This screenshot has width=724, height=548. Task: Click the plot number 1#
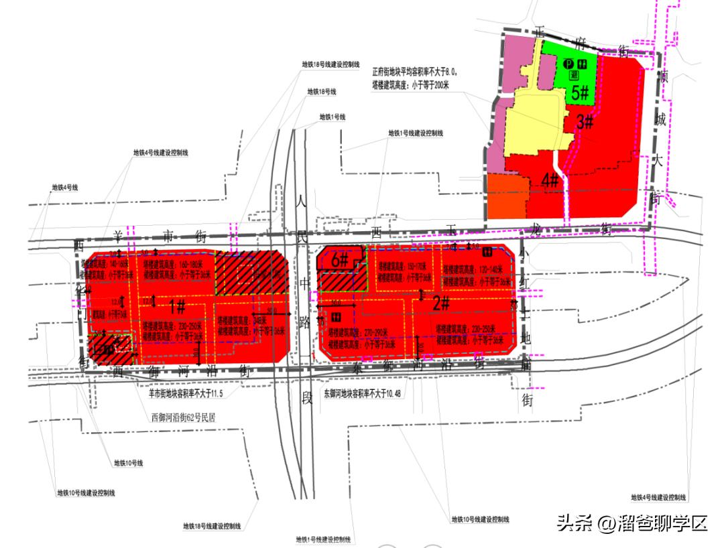177,307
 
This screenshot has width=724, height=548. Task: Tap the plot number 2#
440,303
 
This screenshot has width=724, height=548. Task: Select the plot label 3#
585,122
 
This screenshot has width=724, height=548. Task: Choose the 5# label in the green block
580,92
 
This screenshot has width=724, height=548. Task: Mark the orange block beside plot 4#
506,196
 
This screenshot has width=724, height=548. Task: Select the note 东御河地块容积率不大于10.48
362,394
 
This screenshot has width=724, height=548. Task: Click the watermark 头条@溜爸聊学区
631,523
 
